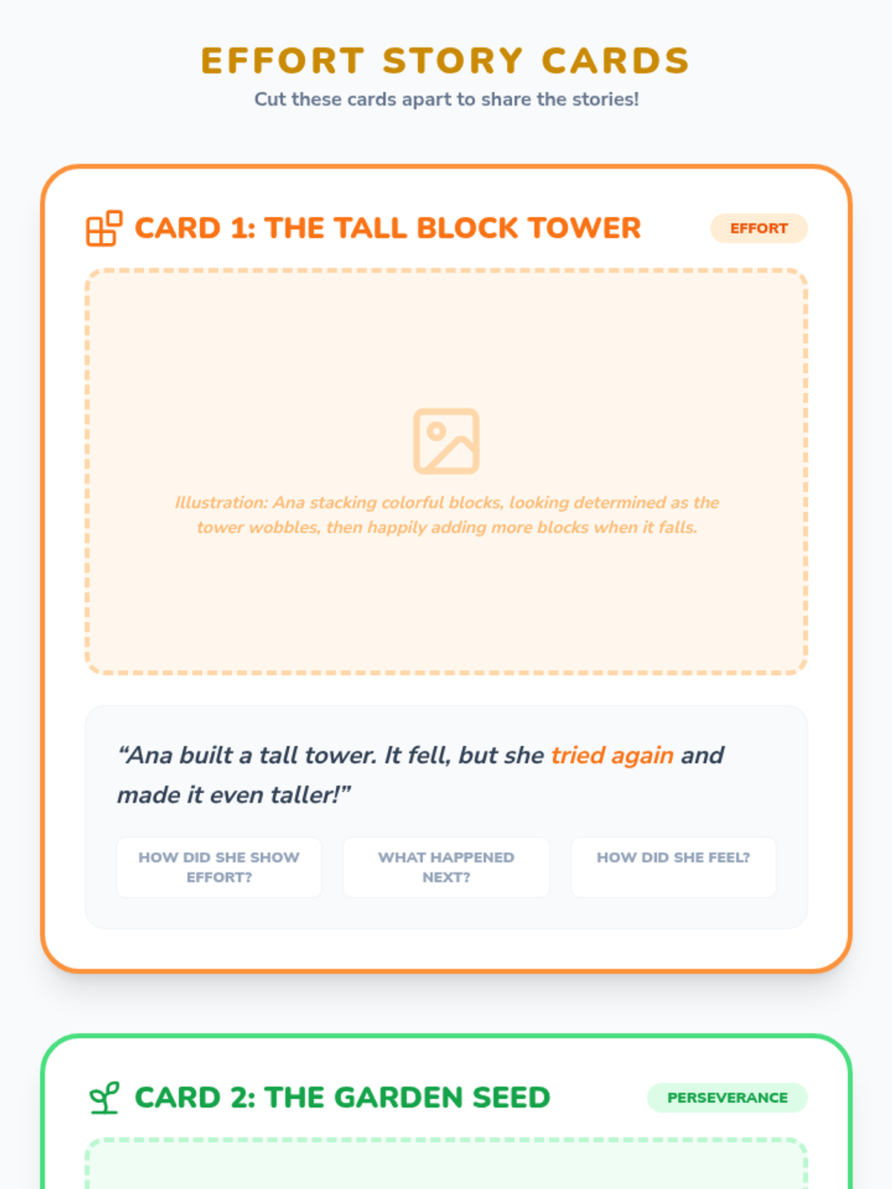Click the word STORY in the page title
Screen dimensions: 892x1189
pyautogui.click(x=453, y=60)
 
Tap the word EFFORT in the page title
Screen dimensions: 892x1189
pyautogui.click(x=282, y=60)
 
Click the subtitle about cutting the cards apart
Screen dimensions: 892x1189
pyautogui.click(x=446, y=99)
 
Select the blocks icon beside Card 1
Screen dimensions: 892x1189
pyautogui.click(x=104, y=228)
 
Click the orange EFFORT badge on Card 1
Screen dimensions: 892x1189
pyautogui.click(x=759, y=228)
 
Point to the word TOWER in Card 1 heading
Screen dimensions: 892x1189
pyautogui.click(x=585, y=228)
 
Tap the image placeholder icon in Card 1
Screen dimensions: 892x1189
pyautogui.click(x=446, y=441)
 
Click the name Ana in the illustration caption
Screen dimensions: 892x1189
pyautogui.click(x=288, y=502)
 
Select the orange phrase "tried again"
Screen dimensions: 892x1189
pyautogui.click(x=612, y=755)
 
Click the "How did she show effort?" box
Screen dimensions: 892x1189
pyautogui.click(x=219, y=867)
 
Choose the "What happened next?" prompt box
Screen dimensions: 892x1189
pyautogui.click(x=446, y=867)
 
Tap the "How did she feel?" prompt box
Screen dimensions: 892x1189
pyautogui.click(x=673, y=867)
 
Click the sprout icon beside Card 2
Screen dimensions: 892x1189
pyautogui.click(x=104, y=1098)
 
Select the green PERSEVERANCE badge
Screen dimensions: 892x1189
pyautogui.click(x=728, y=1098)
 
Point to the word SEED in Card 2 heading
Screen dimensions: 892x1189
pyautogui.click(x=511, y=1098)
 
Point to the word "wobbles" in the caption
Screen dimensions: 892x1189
pyautogui.click(x=284, y=528)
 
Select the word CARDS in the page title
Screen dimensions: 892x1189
pyautogui.click(x=615, y=60)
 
